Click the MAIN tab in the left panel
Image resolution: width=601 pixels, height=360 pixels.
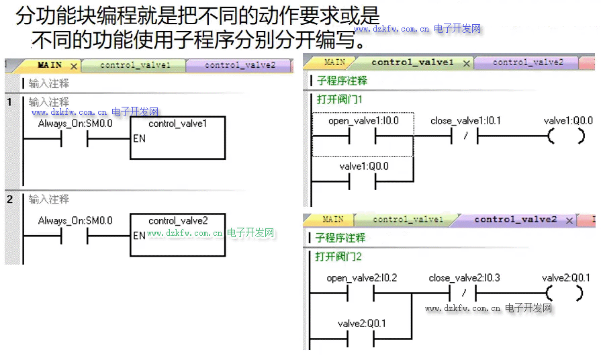(49, 65)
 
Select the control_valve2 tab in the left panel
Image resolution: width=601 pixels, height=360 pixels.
(240, 65)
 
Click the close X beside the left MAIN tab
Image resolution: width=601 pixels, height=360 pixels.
(74, 66)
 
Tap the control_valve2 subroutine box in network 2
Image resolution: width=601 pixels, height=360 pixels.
(178, 234)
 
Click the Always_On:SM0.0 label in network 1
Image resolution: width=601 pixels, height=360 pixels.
(75, 124)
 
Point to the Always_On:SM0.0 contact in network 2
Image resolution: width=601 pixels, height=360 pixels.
(75, 236)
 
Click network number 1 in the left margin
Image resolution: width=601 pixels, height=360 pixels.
(9, 102)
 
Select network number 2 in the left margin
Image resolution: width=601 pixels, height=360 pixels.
(9, 199)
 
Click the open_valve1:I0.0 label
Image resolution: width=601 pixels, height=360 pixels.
(363, 121)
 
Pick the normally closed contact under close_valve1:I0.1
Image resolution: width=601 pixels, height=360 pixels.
(465, 137)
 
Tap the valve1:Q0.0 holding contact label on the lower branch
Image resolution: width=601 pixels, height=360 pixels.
(364, 167)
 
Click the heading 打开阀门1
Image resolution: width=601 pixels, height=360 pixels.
(340, 99)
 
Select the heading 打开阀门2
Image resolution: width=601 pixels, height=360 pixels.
(338, 257)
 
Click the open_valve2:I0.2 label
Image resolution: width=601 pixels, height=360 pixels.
(362, 278)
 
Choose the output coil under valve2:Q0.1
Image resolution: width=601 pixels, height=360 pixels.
(565, 294)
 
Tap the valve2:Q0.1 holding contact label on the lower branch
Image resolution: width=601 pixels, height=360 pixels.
(362, 324)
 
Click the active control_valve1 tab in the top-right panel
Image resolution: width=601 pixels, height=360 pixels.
(412, 62)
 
